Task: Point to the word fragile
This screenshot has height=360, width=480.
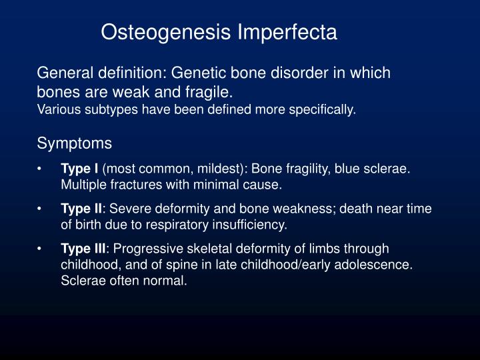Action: coord(212,91)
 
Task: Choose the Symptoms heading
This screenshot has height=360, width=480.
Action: coord(75,143)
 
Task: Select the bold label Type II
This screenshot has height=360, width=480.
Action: coord(82,209)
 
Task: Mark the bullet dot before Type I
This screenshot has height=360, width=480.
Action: coord(41,169)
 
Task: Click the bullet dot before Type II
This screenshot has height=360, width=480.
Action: coord(41,209)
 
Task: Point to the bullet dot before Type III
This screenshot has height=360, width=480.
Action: coord(41,249)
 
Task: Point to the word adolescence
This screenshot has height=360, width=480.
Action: coord(379,265)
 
